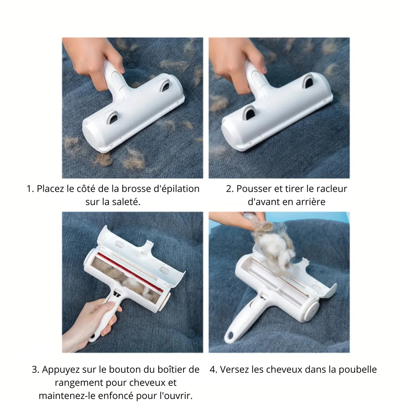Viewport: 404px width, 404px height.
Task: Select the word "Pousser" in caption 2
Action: [x=252, y=189]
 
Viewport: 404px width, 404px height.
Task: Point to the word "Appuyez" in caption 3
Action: [x=58, y=370]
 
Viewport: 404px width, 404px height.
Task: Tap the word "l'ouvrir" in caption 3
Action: [x=176, y=395]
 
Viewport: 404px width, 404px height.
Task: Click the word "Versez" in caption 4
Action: [x=234, y=370]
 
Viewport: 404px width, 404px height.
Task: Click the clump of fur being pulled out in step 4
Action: [x=272, y=241]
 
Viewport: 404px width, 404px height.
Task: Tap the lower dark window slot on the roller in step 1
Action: [x=113, y=117]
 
